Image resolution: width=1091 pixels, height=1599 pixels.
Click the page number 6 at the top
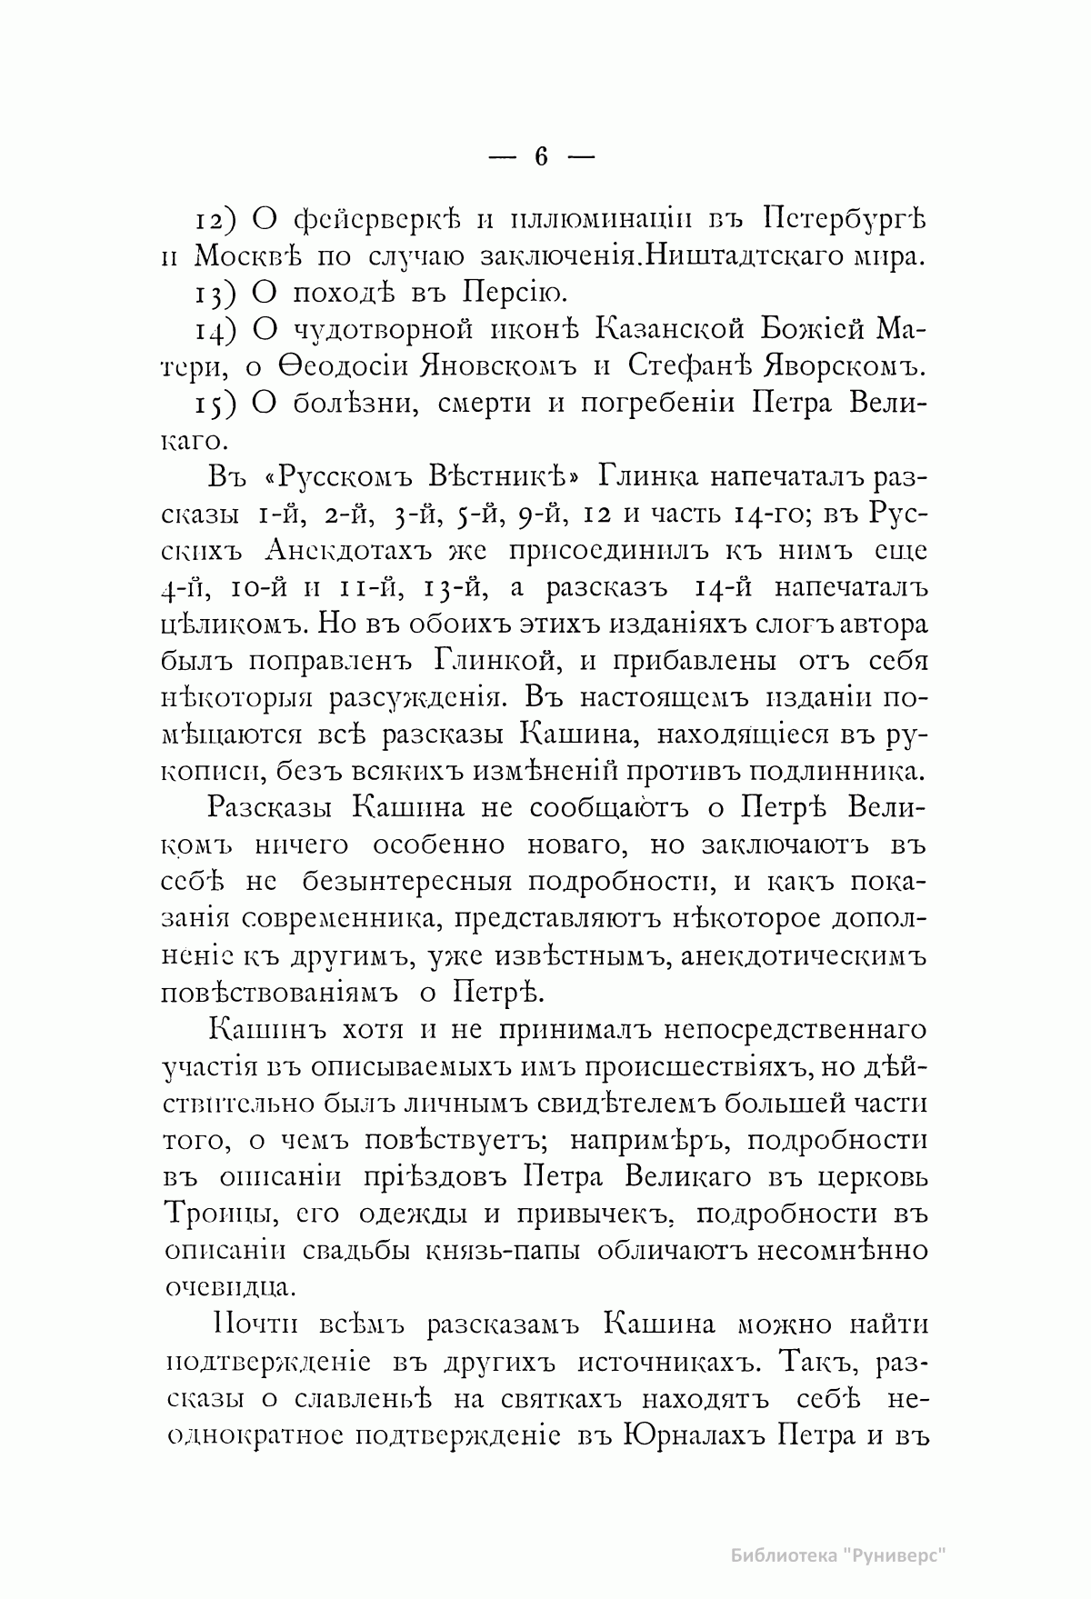tap(542, 156)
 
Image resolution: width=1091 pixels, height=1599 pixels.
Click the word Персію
tap(514, 294)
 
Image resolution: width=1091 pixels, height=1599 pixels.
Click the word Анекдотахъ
tap(349, 553)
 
